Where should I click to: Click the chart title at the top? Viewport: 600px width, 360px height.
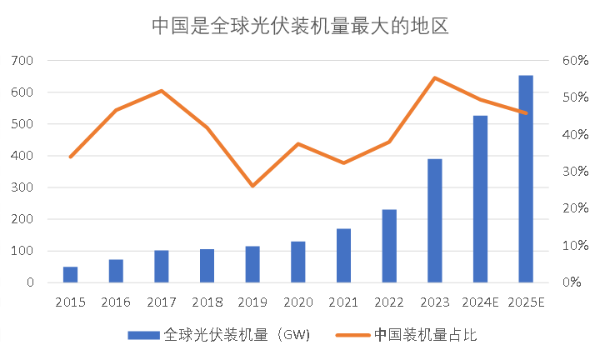click(300, 26)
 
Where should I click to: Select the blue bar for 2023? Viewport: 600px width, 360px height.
click(434, 221)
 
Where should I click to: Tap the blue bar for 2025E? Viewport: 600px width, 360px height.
click(526, 179)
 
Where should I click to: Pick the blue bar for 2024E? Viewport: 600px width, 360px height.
click(480, 199)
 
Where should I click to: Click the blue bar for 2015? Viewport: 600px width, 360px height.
click(71, 275)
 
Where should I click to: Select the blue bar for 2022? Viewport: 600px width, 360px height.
click(389, 246)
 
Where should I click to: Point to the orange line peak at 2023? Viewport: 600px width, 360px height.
click(434, 77)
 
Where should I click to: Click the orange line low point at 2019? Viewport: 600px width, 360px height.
click(252, 185)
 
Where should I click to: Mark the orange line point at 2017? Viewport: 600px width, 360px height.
click(162, 91)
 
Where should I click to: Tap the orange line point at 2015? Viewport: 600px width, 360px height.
click(71, 157)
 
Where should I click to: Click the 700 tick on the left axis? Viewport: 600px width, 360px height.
click(22, 61)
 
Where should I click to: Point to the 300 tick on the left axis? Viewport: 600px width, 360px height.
click(22, 187)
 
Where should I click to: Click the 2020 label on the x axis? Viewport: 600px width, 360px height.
click(297, 301)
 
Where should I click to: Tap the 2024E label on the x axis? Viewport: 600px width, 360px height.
click(480, 301)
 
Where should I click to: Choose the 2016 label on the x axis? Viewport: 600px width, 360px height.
click(116, 301)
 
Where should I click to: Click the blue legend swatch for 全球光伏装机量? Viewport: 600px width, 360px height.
click(144, 335)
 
